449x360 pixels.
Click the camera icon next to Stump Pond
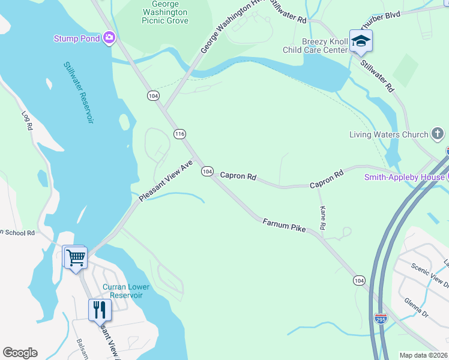(109, 38)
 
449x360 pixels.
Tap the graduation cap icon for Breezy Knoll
(361, 41)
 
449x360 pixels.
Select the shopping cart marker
(76, 258)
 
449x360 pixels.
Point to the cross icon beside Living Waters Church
(438, 134)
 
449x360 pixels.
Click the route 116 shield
(179, 134)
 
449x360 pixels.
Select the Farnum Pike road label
(284, 226)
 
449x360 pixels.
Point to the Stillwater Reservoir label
(79, 92)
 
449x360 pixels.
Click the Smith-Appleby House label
(405, 177)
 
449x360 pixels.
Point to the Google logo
(20, 353)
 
